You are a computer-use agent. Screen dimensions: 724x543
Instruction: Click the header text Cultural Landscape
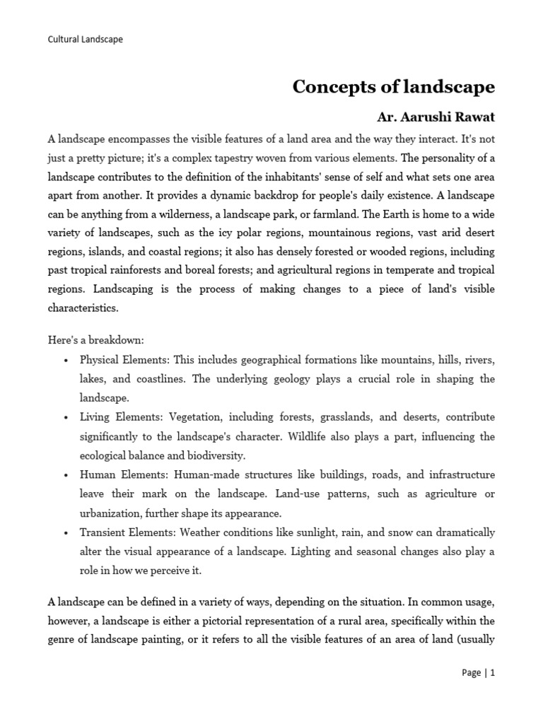(x=85, y=40)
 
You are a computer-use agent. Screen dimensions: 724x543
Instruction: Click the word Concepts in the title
(x=328, y=87)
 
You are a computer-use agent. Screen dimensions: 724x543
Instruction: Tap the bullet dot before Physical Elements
(x=65, y=361)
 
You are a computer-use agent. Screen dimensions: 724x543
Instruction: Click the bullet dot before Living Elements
(x=65, y=418)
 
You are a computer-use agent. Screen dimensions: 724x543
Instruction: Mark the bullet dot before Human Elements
(x=65, y=474)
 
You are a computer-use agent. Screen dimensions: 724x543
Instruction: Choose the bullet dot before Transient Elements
(x=65, y=532)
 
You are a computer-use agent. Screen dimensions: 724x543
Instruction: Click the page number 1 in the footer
(x=493, y=673)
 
